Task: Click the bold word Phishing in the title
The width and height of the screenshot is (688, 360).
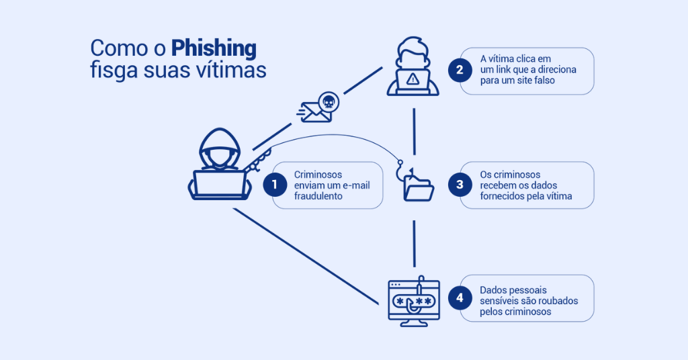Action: tap(214, 48)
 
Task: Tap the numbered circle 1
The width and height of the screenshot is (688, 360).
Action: tap(275, 185)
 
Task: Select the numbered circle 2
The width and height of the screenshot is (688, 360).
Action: tap(460, 70)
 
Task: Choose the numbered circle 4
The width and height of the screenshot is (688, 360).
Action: tap(460, 298)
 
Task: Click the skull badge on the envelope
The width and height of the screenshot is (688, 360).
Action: tap(328, 102)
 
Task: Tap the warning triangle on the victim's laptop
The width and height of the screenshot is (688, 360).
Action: tap(413, 79)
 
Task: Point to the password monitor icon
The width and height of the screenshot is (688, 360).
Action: tap(414, 302)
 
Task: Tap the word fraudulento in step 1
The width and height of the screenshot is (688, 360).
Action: tap(318, 197)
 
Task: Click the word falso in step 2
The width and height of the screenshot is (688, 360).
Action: tap(542, 81)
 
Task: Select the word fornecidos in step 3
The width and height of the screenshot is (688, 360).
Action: tap(503, 196)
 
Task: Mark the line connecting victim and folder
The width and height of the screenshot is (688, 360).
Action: tap(414, 131)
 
